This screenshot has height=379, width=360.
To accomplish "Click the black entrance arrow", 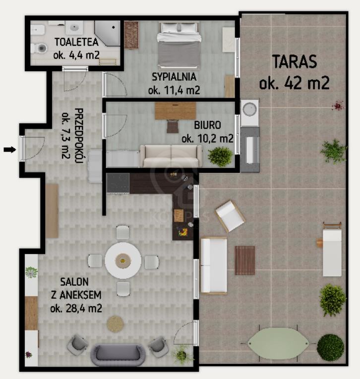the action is click(10, 150).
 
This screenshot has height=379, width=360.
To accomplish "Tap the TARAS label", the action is click(295, 61).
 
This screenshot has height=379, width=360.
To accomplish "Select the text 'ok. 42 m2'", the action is click(294, 83).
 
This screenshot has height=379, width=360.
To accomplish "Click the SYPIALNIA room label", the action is click(174, 77).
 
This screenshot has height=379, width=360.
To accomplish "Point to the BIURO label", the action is click(207, 125).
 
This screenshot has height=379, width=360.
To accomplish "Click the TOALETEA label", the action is click(76, 42).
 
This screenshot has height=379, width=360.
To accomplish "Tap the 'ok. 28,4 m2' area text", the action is click(76, 309).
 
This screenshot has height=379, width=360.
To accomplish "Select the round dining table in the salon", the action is click(123, 261).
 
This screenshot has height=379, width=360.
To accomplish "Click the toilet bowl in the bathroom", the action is click(39, 49).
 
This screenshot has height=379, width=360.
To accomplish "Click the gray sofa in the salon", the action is click(118, 355).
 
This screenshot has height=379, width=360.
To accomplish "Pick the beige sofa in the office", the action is click(171, 156).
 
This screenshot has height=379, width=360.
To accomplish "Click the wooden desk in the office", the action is click(176, 110).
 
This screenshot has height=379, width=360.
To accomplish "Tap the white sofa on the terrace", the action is click(214, 266).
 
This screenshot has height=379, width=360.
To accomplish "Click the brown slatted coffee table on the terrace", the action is click(245, 260).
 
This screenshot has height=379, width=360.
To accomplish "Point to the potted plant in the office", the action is click(220, 157).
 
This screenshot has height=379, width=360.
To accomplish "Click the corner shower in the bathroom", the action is click(107, 33).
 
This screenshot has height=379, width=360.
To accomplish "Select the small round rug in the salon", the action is click(116, 324).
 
